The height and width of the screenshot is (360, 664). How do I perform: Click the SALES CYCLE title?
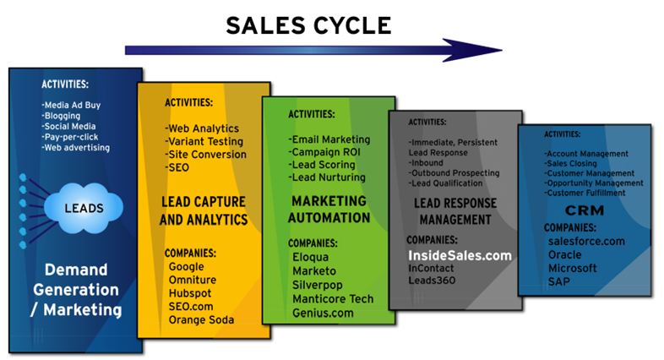pyautogui.click(x=308, y=25)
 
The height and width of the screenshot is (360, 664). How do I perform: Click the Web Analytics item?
pyautogui.click(x=204, y=128)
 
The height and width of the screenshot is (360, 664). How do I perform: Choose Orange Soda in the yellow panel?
pyautogui.click(x=201, y=319)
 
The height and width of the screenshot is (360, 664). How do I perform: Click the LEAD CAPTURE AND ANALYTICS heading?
pyautogui.click(x=204, y=210)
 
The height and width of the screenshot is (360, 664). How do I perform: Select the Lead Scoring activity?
pyautogui.click(x=322, y=165)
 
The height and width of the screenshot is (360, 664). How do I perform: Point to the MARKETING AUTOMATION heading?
pyautogui.click(x=330, y=209)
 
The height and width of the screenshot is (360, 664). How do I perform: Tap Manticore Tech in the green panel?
pyautogui.click(x=331, y=298)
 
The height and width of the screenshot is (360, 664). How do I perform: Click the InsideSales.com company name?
pyautogui.click(x=460, y=254)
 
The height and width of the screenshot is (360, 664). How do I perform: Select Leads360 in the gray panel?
pyautogui.click(x=433, y=280)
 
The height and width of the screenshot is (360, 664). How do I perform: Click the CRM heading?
pyautogui.click(x=584, y=210)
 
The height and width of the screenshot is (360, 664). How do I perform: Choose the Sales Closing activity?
pyautogui.click(x=572, y=163)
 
